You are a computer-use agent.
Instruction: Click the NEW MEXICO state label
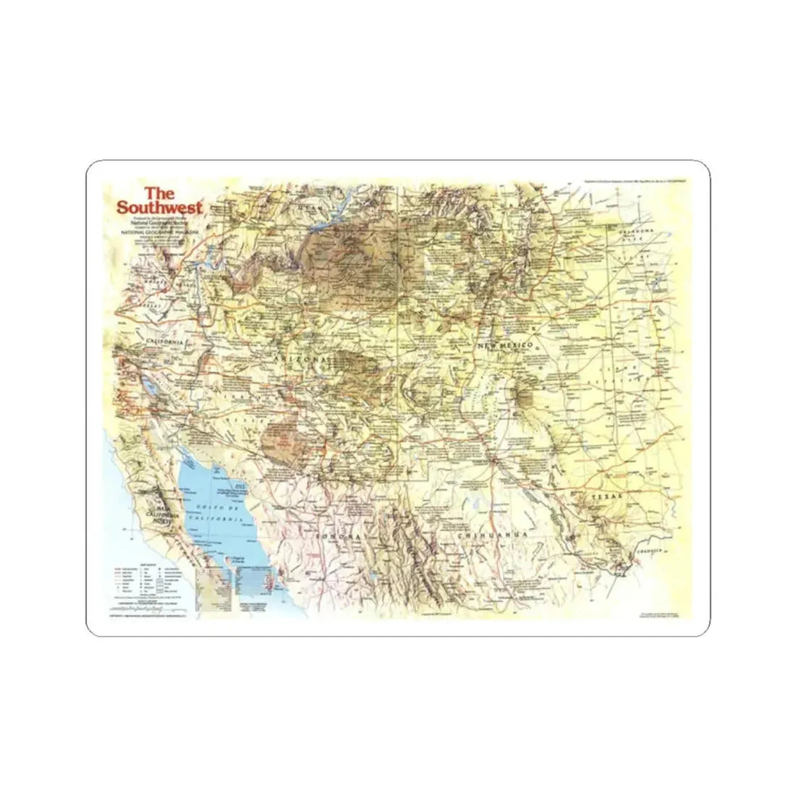tap(504, 348)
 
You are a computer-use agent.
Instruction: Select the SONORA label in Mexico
tap(337, 536)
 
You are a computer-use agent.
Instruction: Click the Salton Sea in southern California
tap(153, 382)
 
